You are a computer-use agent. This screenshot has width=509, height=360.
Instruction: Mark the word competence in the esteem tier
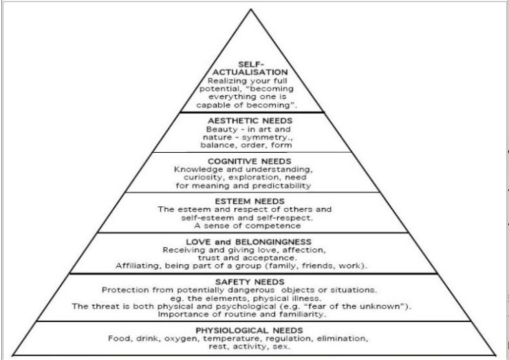(279, 225)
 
